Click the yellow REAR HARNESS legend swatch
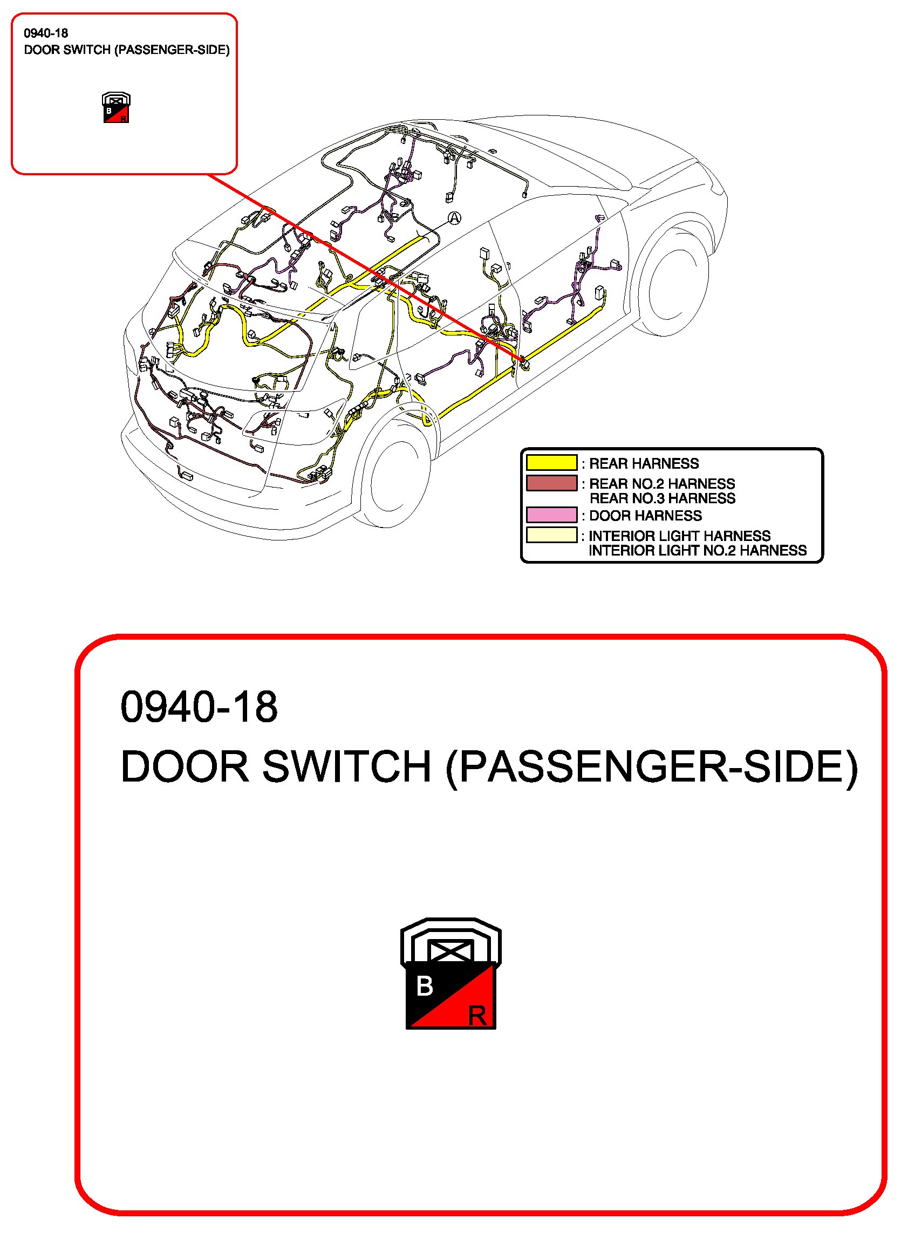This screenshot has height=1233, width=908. tap(551, 463)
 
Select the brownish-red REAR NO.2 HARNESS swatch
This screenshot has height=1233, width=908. tap(551, 483)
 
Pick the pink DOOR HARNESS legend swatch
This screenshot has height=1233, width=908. tap(551, 515)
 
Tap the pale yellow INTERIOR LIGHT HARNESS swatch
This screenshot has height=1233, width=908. tap(551, 535)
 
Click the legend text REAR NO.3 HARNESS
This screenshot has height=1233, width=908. tap(663, 498)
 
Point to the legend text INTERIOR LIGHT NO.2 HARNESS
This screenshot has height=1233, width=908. tap(698, 551)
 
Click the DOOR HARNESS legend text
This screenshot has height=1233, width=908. tap(645, 516)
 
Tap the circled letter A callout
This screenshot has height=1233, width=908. tap(455, 218)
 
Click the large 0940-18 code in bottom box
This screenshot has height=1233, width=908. tap(199, 707)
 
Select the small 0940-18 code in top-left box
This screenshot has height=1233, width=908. tap(46, 33)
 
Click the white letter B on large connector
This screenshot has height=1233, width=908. tap(424, 986)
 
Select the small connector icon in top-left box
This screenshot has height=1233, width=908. tap(116, 108)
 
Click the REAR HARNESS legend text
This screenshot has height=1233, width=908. tap(644, 463)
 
